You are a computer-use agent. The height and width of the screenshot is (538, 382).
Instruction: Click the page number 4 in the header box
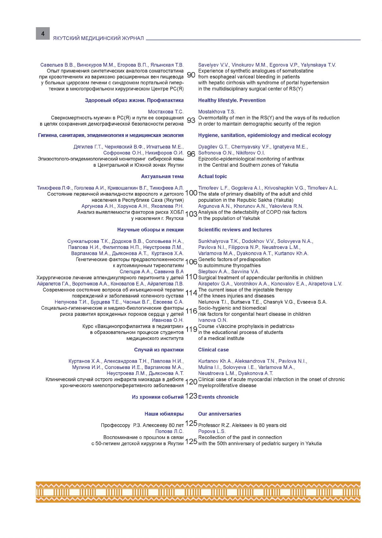click(43, 33)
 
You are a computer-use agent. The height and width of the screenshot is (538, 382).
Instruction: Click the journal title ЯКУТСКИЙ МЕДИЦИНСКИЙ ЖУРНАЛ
click(98, 38)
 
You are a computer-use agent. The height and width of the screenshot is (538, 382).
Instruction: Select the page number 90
click(191, 75)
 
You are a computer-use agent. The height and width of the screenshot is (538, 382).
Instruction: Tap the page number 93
click(191, 120)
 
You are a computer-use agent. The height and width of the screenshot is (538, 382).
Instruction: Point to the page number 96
click(191, 154)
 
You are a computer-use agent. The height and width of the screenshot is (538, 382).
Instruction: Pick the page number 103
click(191, 214)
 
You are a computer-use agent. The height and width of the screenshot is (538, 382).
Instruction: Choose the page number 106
click(191, 262)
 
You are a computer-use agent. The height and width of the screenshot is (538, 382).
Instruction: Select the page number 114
click(191, 293)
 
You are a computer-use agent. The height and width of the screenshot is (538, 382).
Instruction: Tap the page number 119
click(191, 330)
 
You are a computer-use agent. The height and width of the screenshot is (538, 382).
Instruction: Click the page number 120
click(191, 382)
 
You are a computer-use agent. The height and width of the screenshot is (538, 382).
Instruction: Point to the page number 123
click(191, 396)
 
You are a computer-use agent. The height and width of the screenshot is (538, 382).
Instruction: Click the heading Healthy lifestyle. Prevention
click(232, 100)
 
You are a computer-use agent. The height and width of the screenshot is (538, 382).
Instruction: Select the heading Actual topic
click(213, 176)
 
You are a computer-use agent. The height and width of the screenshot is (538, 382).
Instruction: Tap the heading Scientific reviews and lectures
click(235, 230)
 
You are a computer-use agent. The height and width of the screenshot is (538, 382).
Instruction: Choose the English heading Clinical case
click(213, 350)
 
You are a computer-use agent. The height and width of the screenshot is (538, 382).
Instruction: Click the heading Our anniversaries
click(219, 414)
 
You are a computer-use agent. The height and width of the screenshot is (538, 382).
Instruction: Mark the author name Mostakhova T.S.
click(217, 112)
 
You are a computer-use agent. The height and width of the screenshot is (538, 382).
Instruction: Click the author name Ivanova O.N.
click(213, 320)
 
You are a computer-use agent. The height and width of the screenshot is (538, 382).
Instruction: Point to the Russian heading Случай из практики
click(159, 350)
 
